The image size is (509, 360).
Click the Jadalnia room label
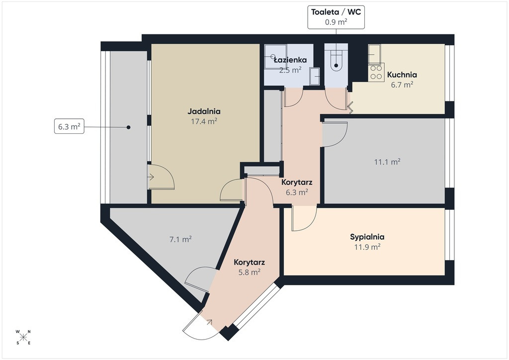click(x=204, y=111)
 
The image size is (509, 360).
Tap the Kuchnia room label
click(x=402, y=75)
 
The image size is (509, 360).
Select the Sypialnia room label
click(x=367, y=237)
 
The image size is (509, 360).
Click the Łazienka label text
click(x=290, y=60)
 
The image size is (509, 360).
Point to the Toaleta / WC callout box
click(x=336, y=17)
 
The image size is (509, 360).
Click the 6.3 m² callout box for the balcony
click(x=69, y=127)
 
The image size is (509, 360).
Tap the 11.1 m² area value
click(x=387, y=162)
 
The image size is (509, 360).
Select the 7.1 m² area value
click(x=180, y=240)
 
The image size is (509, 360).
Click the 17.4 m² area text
click(x=204, y=121)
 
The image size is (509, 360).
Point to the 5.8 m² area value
click(x=250, y=272)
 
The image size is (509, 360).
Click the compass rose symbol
click(x=23, y=337)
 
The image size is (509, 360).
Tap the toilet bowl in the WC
click(x=336, y=63)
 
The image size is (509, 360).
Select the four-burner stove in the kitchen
click(x=376, y=72)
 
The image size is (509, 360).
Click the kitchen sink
click(x=374, y=54)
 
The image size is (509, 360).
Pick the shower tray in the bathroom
click(x=275, y=57)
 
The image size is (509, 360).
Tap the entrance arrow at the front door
click(x=209, y=322)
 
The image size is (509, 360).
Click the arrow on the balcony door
click(x=151, y=177)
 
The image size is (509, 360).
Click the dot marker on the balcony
click(x=129, y=127)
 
